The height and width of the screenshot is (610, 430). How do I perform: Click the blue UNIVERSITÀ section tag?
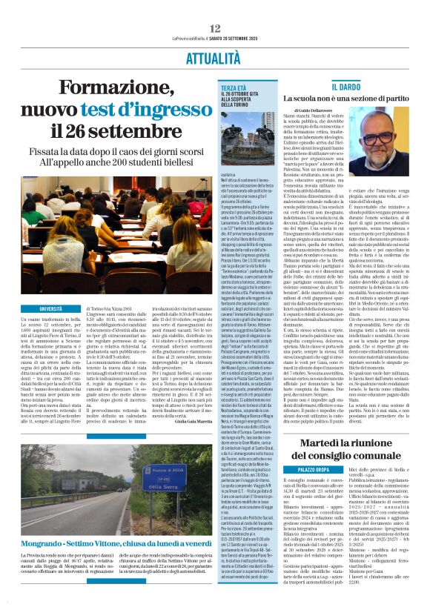pyautogui.click(x=51, y=308)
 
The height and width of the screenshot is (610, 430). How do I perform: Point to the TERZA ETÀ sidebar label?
pyautogui.click(x=231, y=87)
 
